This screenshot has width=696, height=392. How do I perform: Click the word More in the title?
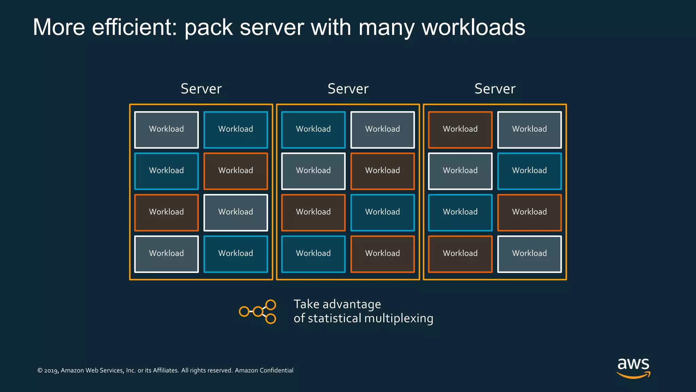[59, 27]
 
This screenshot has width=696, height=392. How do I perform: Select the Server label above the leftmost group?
[201, 89]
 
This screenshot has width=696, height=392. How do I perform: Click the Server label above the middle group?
[348, 89]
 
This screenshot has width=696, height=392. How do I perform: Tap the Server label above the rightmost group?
[495, 89]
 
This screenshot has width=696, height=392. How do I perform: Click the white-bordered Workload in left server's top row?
[166, 130]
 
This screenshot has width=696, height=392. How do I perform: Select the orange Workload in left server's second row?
[236, 171]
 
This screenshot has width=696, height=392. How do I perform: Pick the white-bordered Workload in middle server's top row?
[382, 130]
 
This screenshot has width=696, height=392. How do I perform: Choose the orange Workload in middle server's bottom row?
[382, 254]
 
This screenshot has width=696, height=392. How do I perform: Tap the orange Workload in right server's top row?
[460, 130]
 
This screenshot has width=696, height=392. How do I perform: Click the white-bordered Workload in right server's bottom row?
[529, 254]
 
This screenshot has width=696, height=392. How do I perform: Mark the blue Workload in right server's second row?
[529, 171]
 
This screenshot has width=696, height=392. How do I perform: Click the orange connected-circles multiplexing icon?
[258, 311]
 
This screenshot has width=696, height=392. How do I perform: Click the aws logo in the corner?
[633, 367]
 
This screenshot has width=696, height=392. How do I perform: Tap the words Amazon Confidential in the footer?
[264, 370]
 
